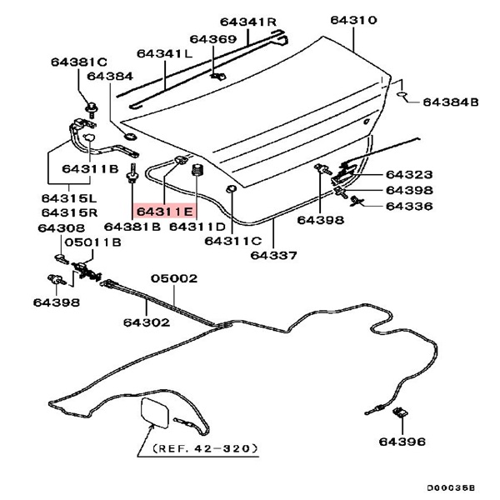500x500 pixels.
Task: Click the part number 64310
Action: pos(353,20)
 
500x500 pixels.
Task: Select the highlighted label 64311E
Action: pos(165,212)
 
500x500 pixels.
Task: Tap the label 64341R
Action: pos(247,21)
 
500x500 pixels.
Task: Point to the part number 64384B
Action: pos(450,102)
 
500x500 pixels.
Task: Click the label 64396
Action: pos(401,441)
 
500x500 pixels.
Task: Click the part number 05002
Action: pos(173,279)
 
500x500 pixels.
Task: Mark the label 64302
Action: pos(147,321)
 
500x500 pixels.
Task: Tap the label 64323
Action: pos(408,175)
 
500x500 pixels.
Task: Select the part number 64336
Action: pos(408,205)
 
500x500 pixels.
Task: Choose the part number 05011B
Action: pos(92,242)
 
